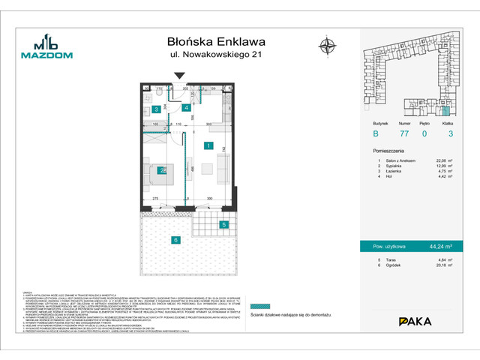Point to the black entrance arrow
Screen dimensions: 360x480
[x=178, y=75]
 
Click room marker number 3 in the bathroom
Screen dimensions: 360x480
[x=156, y=109]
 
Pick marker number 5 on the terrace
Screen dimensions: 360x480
[x=223, y=224]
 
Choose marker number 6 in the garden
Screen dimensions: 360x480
[x=175, y=240]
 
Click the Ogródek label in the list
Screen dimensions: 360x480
[x=395, y=264]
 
